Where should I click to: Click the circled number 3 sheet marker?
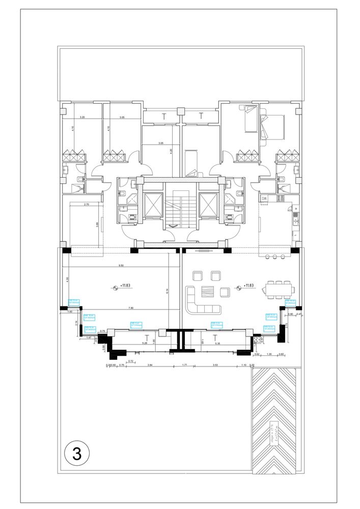click(77, 453)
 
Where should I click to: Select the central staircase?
click(180, 209)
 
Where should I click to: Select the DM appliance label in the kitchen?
click(264, 199)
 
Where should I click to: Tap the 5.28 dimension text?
click(144, 344)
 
